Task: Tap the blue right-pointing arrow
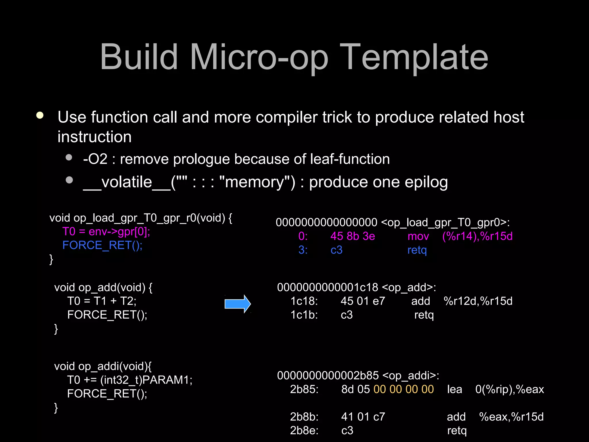click(x=238, y=304)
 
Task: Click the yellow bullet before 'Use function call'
click(x=40, y=116)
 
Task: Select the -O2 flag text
click(x=95, y=159)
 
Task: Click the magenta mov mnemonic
click(x=418, y=236)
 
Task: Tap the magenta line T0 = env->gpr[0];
click(x=106, y=232)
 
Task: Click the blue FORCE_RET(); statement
click(x=102, y=245)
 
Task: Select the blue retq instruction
click(x=417, y=250)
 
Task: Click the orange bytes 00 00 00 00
click(x=403, y=389)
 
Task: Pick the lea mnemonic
click(x=454, y=389)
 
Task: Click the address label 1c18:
click(x=304, y=301)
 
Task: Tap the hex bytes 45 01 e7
click(x=363, y=301)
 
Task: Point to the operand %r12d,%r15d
click(x=478, y=301)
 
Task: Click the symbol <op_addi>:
click(x=411, y=376)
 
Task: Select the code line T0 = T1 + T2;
click(x=102, y=301)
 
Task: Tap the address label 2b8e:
click(x=304, y=430)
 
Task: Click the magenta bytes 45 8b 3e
click(x=353, y=236)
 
